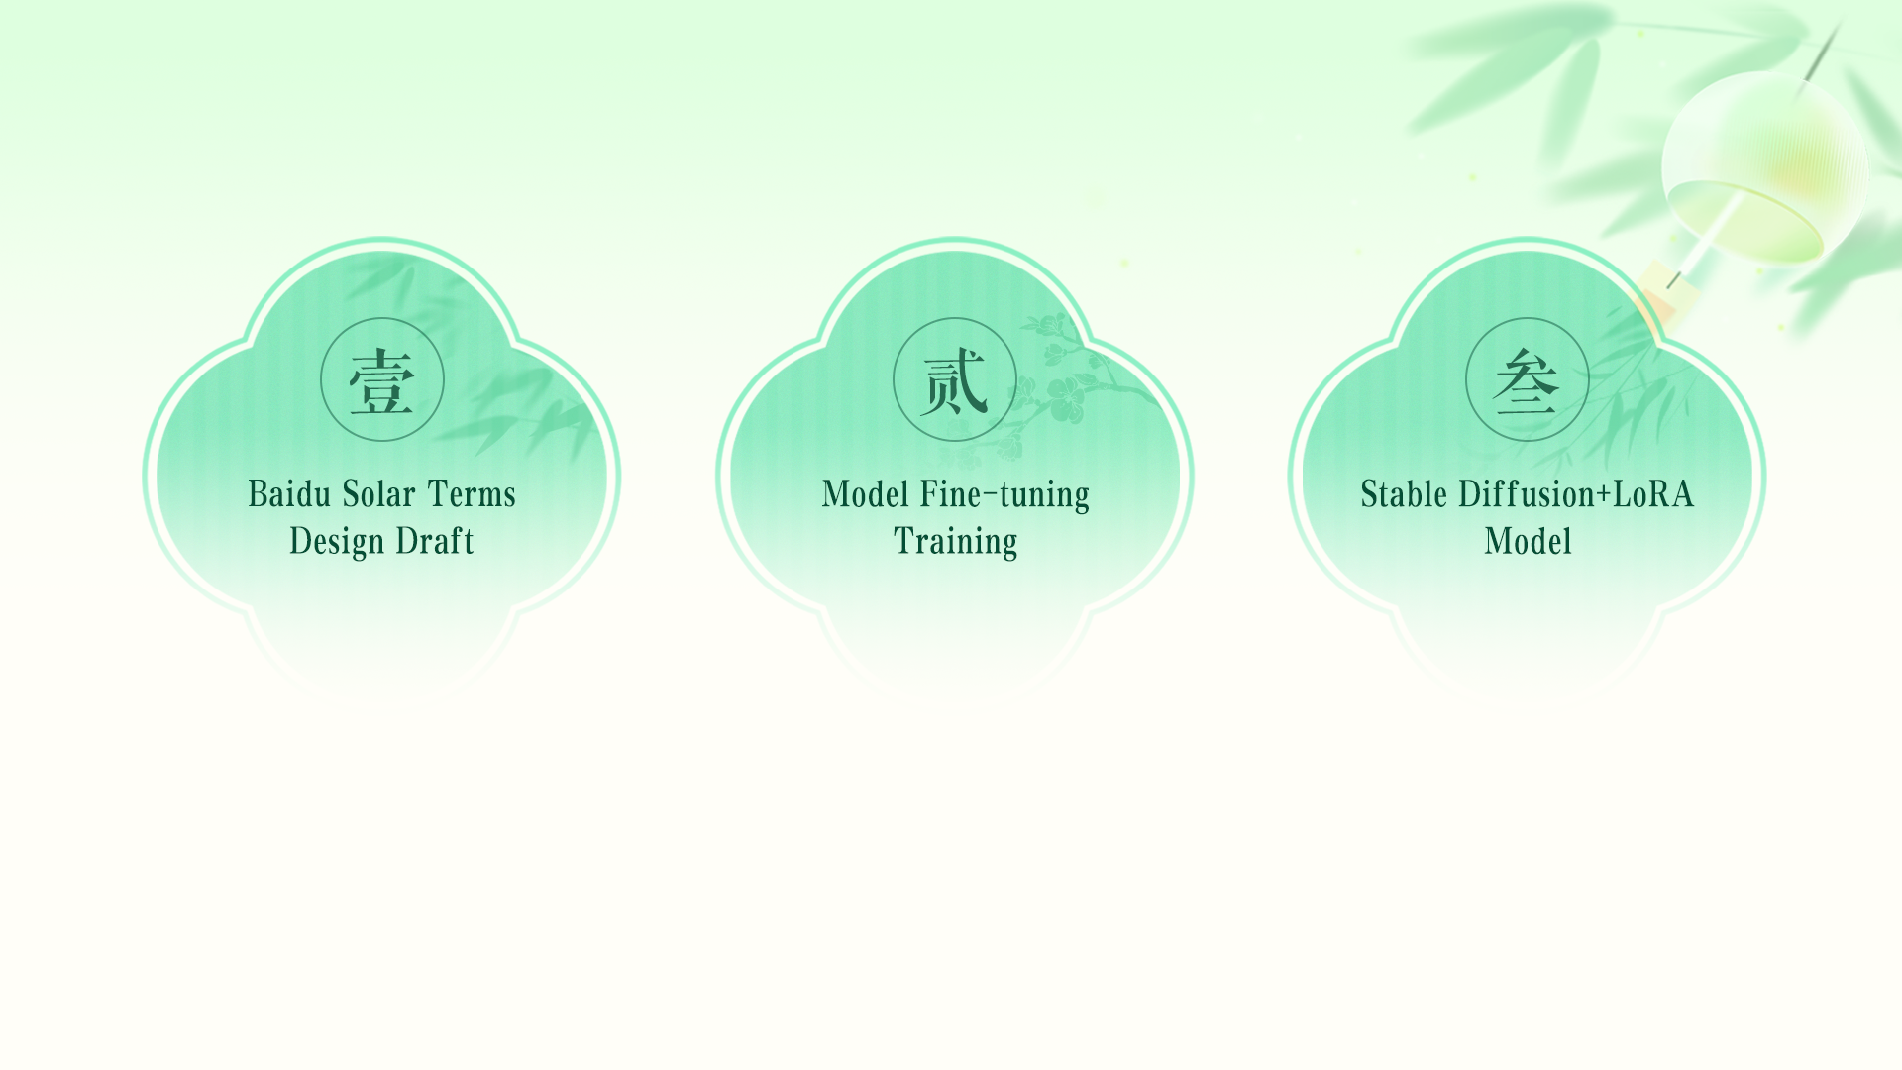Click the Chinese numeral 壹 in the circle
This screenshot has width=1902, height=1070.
382,380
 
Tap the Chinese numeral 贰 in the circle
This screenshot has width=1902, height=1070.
955,380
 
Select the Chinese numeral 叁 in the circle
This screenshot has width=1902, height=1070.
1527,380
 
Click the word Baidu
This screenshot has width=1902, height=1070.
289,493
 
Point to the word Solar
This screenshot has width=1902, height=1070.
379,493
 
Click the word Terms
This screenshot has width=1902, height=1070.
472,493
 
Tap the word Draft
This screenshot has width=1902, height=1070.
435,541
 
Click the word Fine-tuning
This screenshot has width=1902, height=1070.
1004,493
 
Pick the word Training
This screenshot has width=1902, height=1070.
955,541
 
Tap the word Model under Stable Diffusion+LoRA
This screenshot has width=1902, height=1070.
1528,541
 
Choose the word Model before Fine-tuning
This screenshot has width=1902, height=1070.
865,493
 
